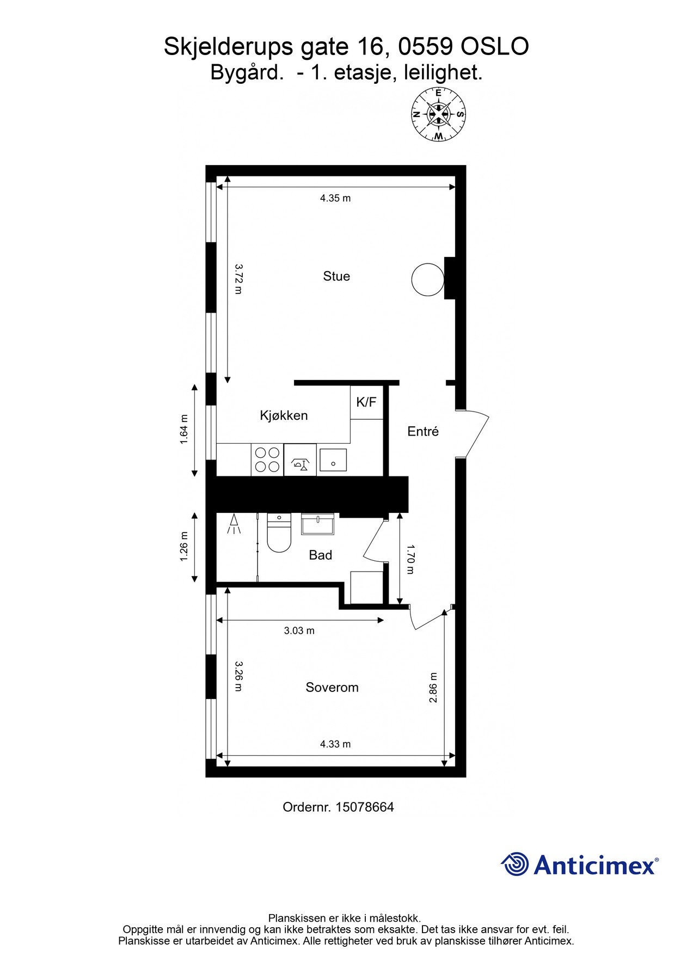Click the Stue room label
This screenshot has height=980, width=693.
pos(336,276)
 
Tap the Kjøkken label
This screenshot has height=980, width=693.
pos(284,415)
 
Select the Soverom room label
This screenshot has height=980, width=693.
pos(332,687)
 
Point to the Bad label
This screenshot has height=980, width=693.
pos(320,555)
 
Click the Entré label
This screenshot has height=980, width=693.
pos(423,431)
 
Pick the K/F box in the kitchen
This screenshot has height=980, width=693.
pos(366,402)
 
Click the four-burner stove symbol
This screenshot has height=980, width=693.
pos(267,460)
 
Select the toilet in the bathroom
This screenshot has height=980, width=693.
pos(279,534)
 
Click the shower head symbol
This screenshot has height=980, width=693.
pos(234,524)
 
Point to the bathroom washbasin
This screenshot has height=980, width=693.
pos(318,524)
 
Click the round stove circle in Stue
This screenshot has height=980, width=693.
pos(427,280)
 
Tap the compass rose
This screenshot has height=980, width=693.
pos(438,115)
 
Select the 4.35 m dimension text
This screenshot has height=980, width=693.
pos(335,198)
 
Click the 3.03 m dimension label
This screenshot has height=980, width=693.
pos(299,630)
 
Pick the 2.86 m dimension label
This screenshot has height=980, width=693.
pos(433,688)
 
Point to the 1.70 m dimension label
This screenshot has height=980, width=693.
pos(410,559)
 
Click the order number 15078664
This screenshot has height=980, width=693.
pos(364,807)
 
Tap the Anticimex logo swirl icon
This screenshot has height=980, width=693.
pos(514,864)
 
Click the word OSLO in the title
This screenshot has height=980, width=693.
pos(494,47)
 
